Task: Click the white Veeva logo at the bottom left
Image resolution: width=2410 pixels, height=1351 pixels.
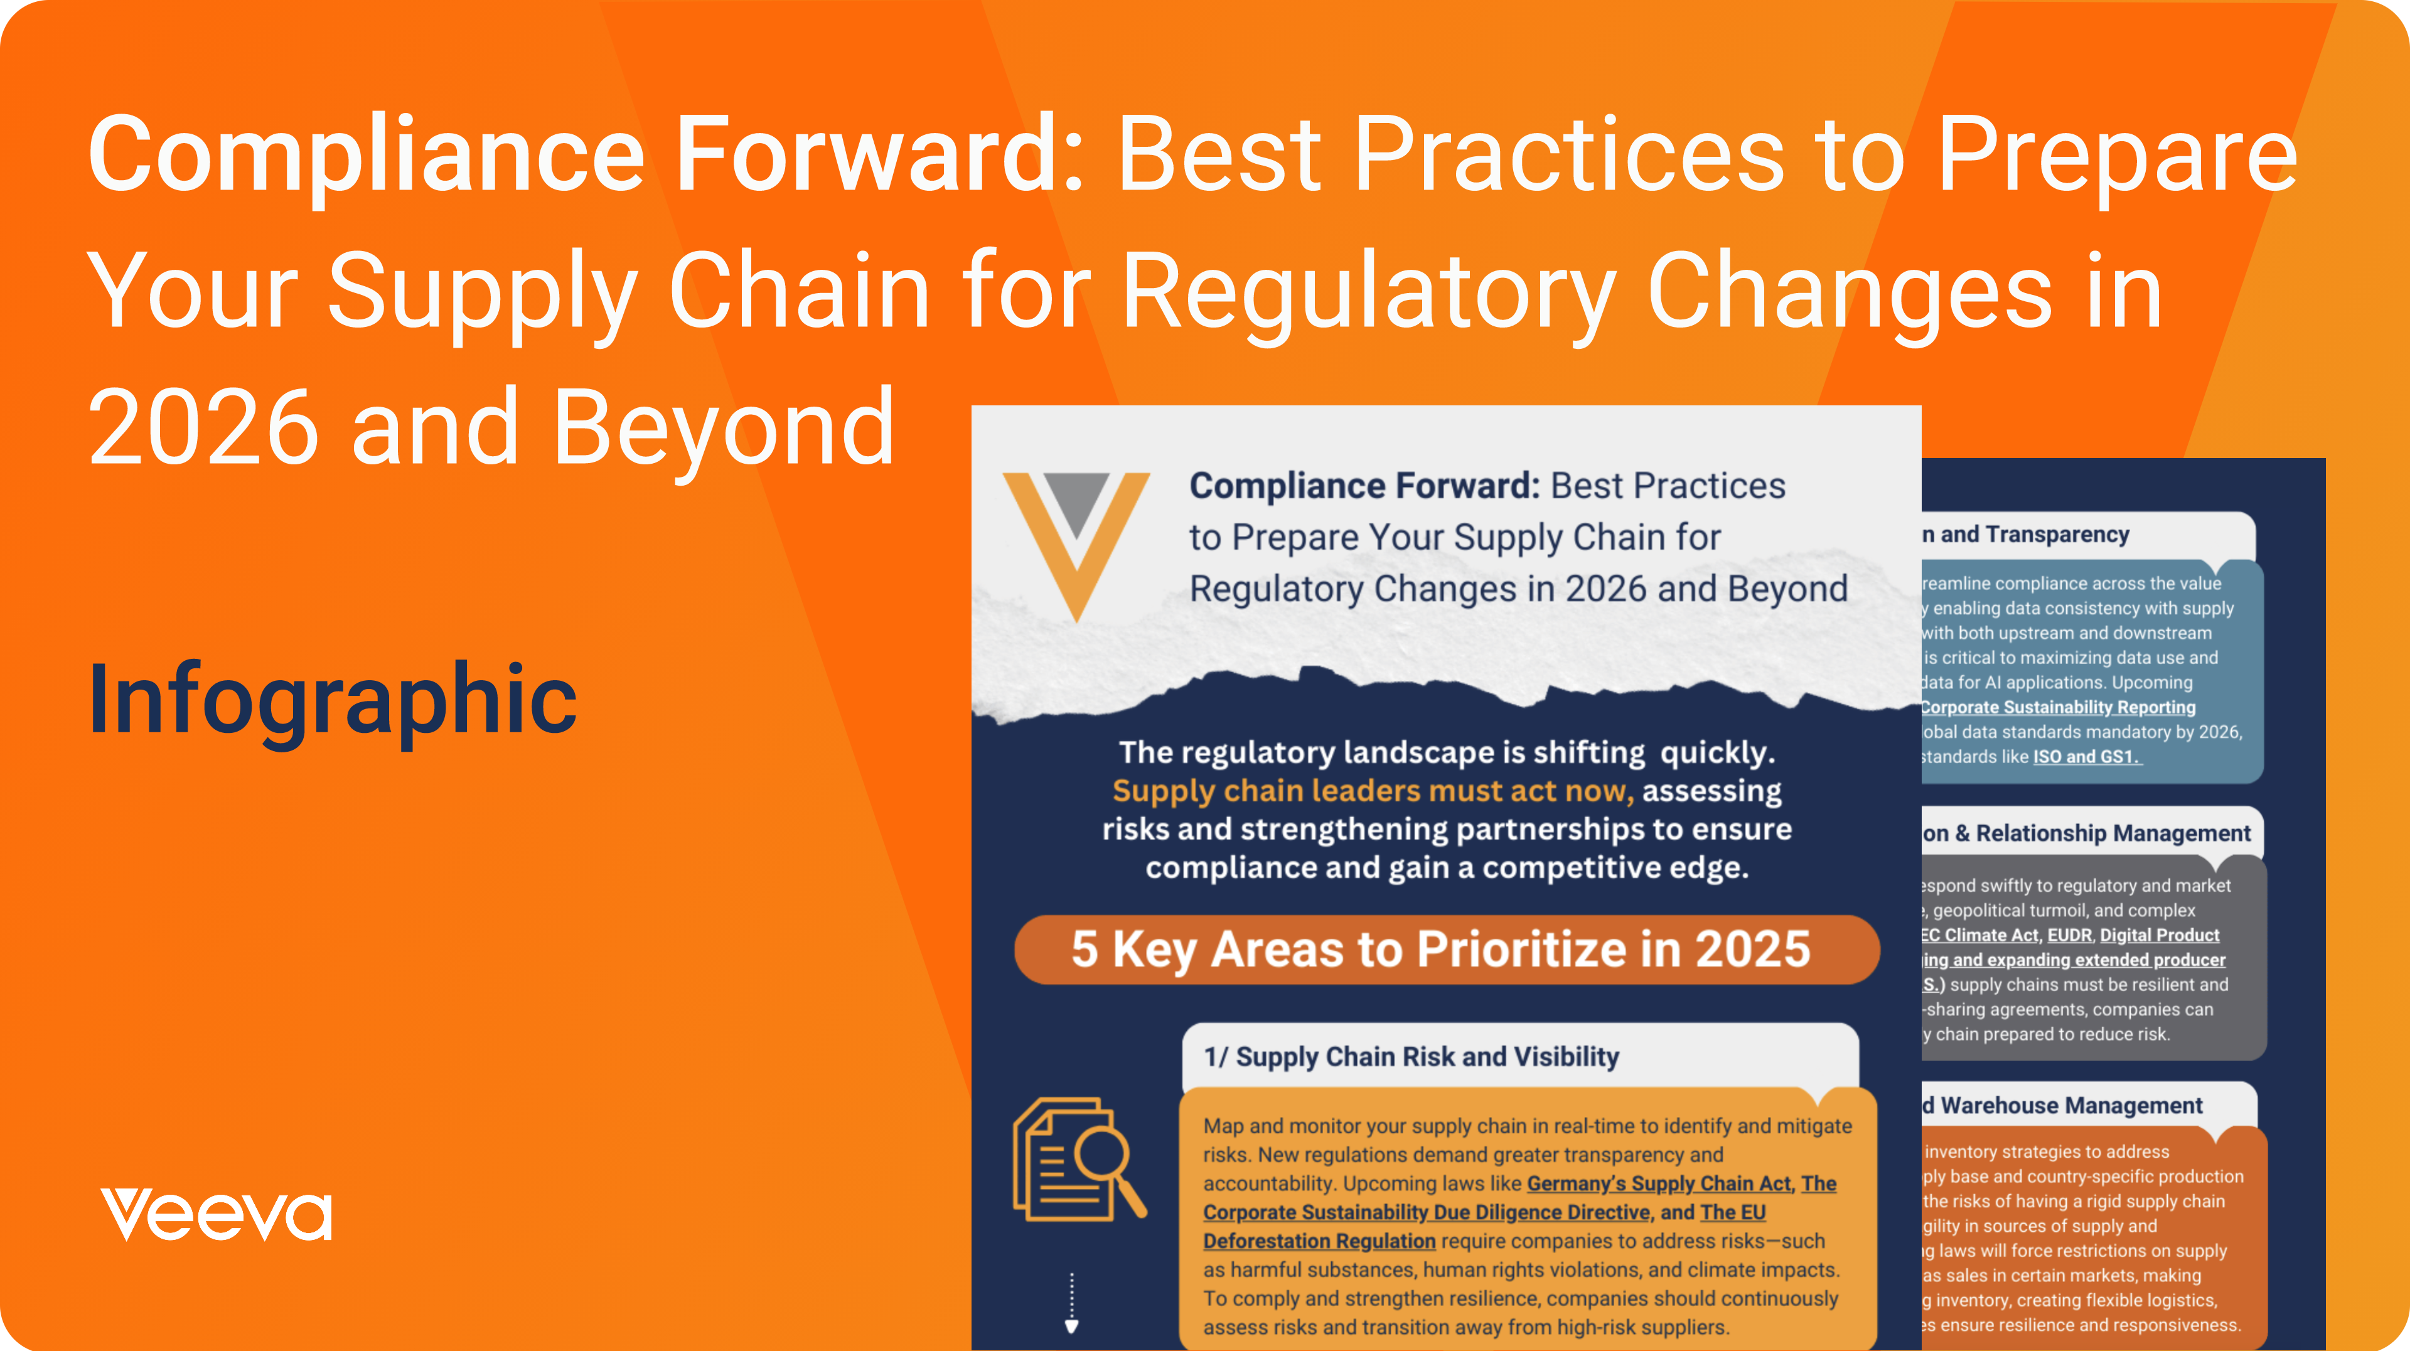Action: click(x=216, y=1214)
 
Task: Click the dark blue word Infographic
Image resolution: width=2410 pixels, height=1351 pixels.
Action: click(x=332, y=700)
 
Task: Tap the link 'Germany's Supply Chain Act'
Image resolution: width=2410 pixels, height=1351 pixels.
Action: click(x=1658, y=1183)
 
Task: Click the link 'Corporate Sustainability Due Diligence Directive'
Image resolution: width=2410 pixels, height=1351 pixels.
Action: click(x=1426, y=1212)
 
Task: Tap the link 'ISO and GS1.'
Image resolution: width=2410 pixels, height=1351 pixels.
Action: click(x=2086, y=757)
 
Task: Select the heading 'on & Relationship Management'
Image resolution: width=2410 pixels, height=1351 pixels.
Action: click(x=2086, y=833)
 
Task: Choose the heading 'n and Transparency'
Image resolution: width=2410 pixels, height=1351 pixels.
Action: click(x=2025, y=534)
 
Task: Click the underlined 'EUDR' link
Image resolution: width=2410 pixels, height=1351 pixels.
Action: click(x=2069, y=935)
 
